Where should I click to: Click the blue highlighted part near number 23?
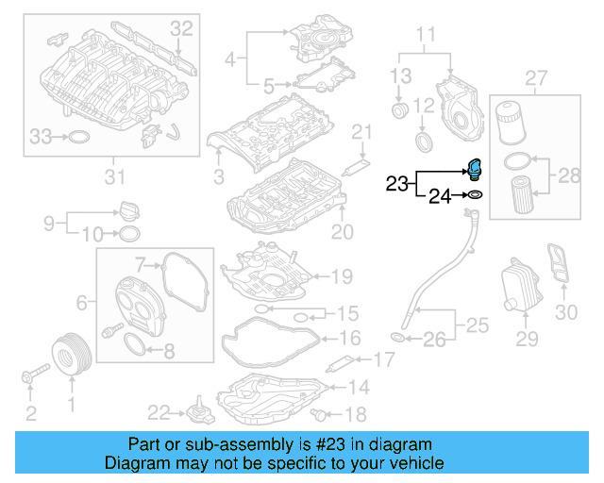(475, 169)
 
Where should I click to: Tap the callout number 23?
(396, 183)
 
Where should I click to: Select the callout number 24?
(441, 196)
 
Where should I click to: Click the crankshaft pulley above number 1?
(70, 355)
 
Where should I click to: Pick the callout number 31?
(113, 177)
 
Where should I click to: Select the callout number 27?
(536, 76)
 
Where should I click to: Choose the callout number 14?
(359, 386)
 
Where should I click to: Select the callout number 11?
(427, 38)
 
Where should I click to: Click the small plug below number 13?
(400, 113)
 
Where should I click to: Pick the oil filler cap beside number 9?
(129, 210)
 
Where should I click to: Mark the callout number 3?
(218, 175)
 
